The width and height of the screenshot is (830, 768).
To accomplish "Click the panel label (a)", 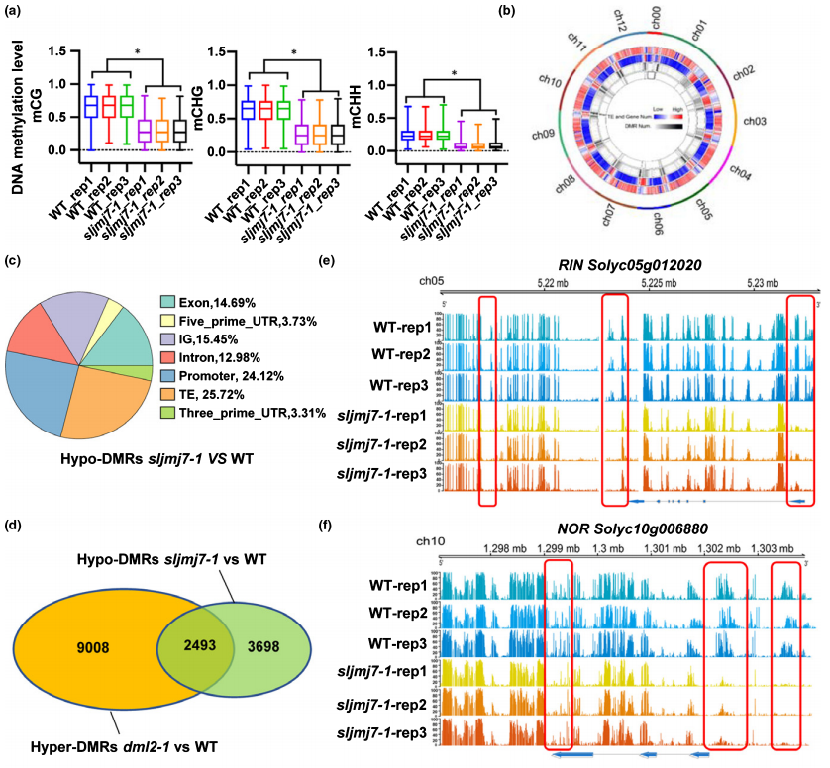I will coord(14,12).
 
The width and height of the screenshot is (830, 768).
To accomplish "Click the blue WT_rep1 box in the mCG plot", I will coord(62,106).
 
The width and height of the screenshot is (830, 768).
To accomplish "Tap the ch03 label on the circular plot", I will coord(756,122).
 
